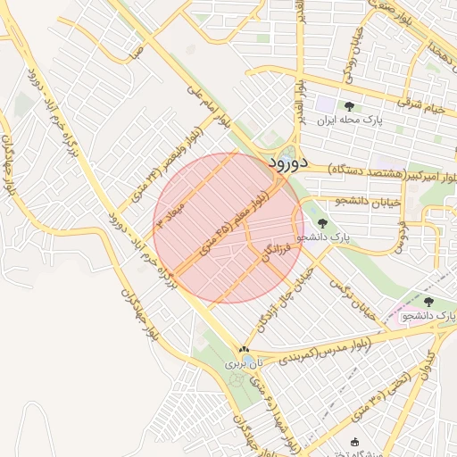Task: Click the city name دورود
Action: point(286,162)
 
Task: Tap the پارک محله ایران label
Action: point(358,120)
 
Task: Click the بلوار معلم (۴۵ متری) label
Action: point(231,224)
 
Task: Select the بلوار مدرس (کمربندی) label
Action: point(303,351)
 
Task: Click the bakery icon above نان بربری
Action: point(244,349)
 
